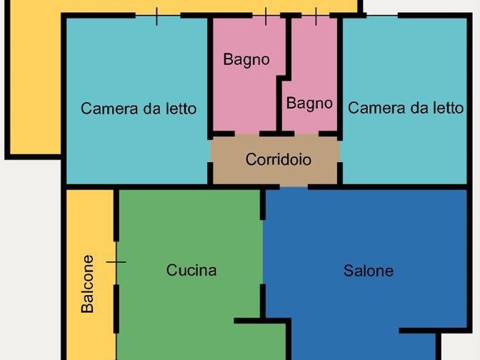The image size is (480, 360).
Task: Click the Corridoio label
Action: pyautogui.click(x=279, y=159)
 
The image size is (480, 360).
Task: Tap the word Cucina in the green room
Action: pyautogui.click(x=191, y=270)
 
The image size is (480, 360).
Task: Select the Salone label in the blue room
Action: pyautogui.click(x=369, y=271)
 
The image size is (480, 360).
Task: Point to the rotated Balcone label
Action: pyautogui.click(x=88, y=284)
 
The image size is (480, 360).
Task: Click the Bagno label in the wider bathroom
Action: pyautogui.click(x=246, y=60)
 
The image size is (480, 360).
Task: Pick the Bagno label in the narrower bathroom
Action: pyautogui.click(x=309, y=104)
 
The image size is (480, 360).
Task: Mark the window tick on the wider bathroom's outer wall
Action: pyautogui.click(x=266, y=16)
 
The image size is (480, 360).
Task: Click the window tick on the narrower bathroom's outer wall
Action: pyautogui.click(x=316, y=16)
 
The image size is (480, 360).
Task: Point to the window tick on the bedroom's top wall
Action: pyautogui.click(x=156, y=16)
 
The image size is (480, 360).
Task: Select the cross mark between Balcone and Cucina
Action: pyautogui.click(x=116, y=262)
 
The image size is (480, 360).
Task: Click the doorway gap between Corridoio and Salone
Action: pyautogui.click(x=294, y=186)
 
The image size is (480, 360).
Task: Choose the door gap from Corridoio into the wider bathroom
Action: pyautogui.click(x=247, y=134)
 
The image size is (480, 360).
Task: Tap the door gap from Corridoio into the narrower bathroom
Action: pyautogui.click(x=306, y=134)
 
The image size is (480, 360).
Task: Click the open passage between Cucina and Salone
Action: pyautogui.click(x=263, y=252)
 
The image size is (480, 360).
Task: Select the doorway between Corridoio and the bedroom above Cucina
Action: pyautogui.click(x=210, y=151)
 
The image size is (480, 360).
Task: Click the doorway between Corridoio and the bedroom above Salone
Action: pyautogui.click(x=340, y=151)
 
